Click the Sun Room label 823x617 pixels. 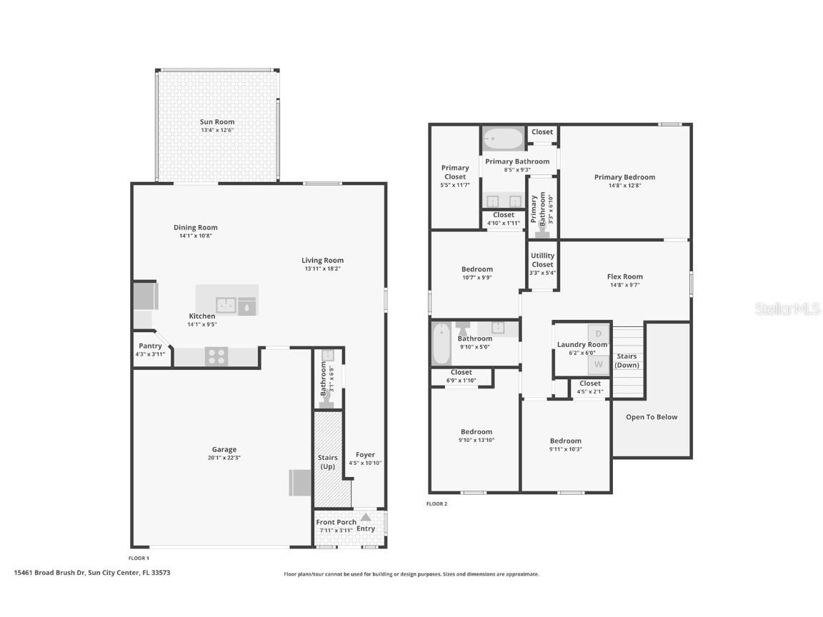pyautogui.click(x=216, y=122)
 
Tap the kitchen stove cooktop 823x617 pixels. pyautogui.click(x=216, y=356)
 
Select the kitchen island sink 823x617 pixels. pyautogui.click(x=226, y=305)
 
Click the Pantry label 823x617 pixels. pyautogui.click(x=150, y=346)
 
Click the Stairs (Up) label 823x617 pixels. pyautogui.click(x=327, y=462)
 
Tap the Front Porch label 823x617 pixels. pyautogui.click(x=336, y=522)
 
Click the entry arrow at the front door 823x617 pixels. pyautogui.click(x=365, y=517)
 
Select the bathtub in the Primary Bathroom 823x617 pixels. pyautogui.click(x=502, y=137)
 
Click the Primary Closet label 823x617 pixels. pyautogui.click(x=454, y=172)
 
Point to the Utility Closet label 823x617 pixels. pyautogui.click(x=542, y=260)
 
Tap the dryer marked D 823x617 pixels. pyautogui.click(x=598, y=334)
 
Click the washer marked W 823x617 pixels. pyautogui.click(x=598, y=364)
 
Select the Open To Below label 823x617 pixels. pyautogui.click(x=651, y=417)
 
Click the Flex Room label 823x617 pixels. pyautogui.click(x=624, y=276)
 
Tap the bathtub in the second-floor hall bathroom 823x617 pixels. pyautogui.click(x=441, y=343)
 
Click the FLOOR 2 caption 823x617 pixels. pyautogui.click(x=437, y=504)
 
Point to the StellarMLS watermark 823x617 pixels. pyautogui.click(x=788, y=309)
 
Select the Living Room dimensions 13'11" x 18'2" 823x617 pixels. pyautogui.click(x=322, y=269)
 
